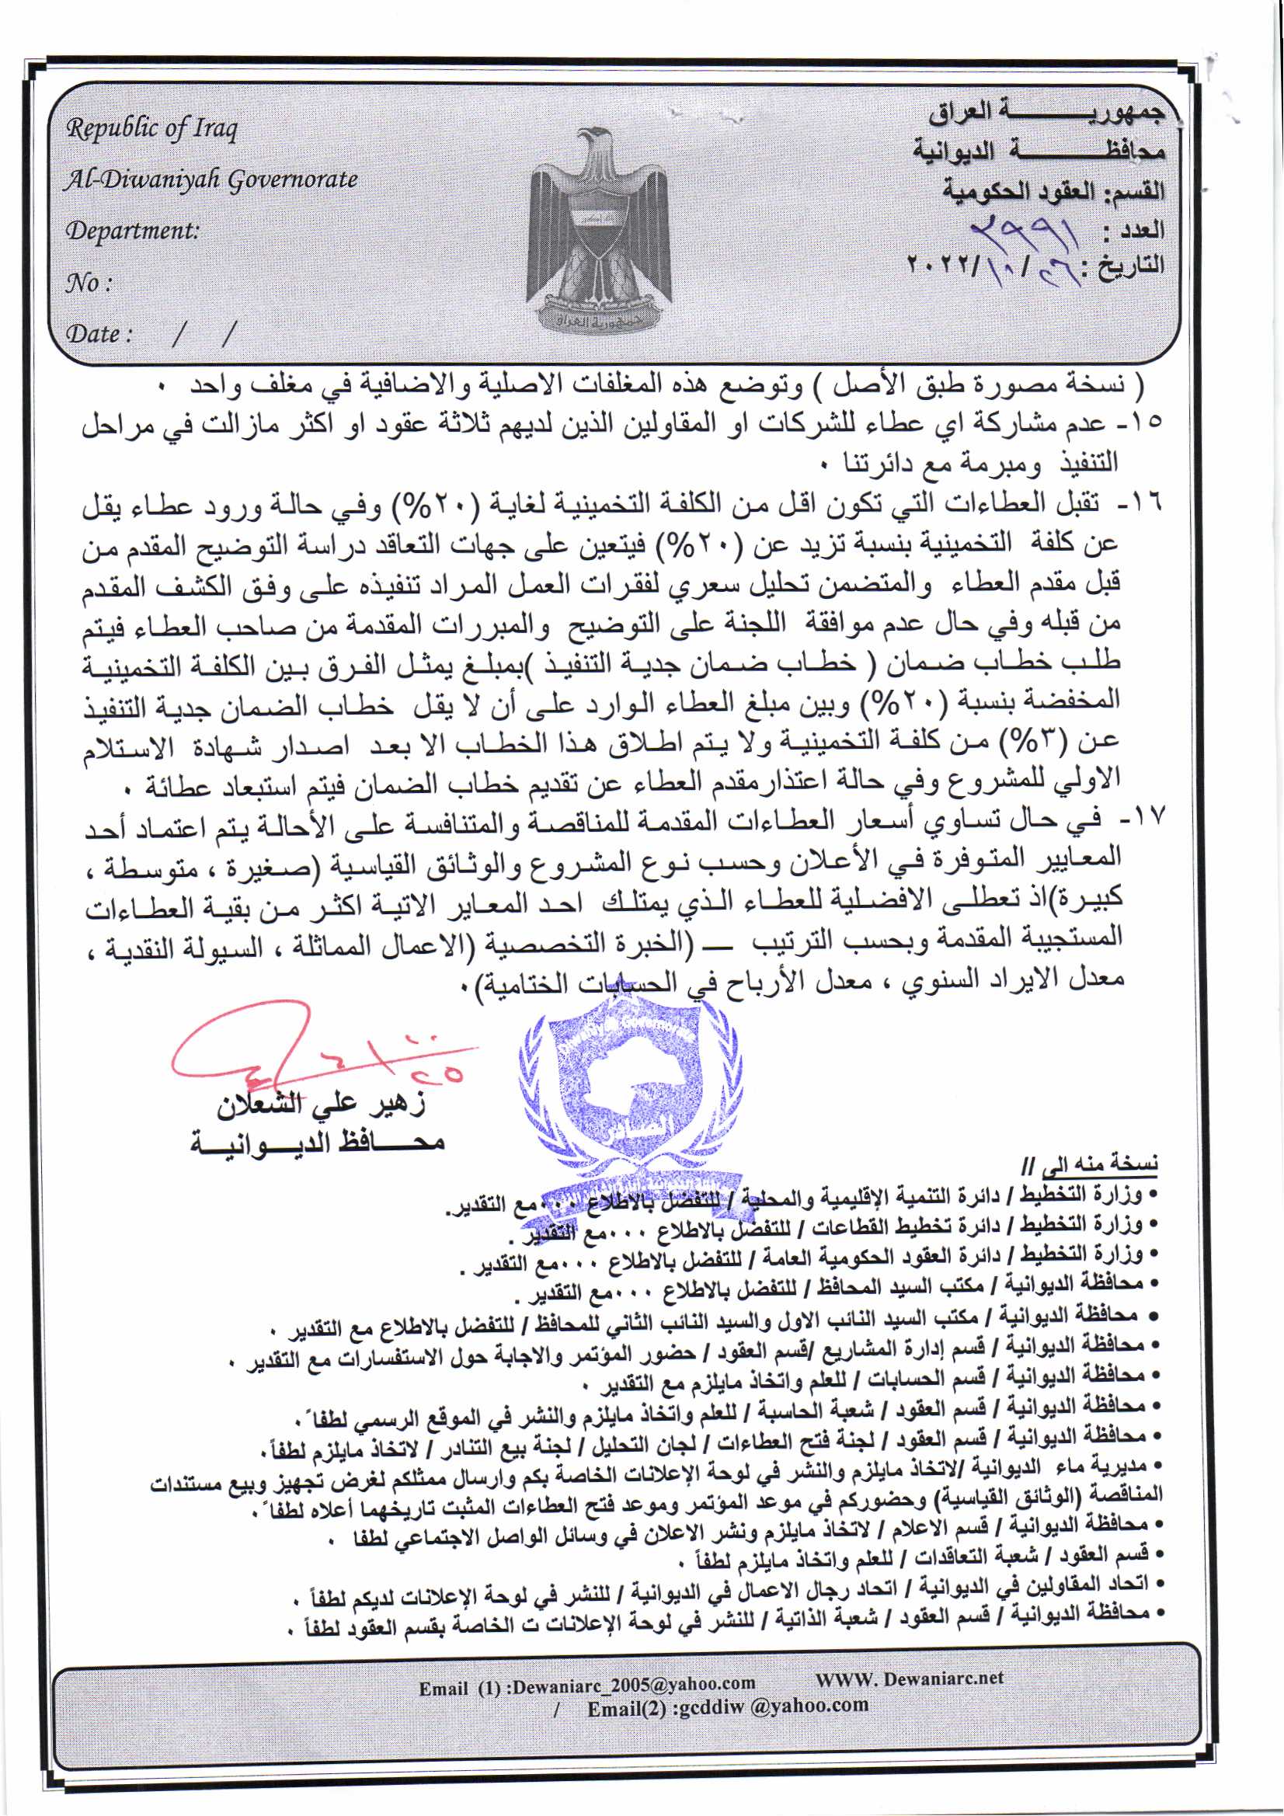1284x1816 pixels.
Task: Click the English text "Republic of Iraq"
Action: tap(151, 128)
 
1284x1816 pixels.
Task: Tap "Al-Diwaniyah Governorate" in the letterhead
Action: tap(211, 179)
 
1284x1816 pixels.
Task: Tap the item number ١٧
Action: tap(1144, 817)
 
